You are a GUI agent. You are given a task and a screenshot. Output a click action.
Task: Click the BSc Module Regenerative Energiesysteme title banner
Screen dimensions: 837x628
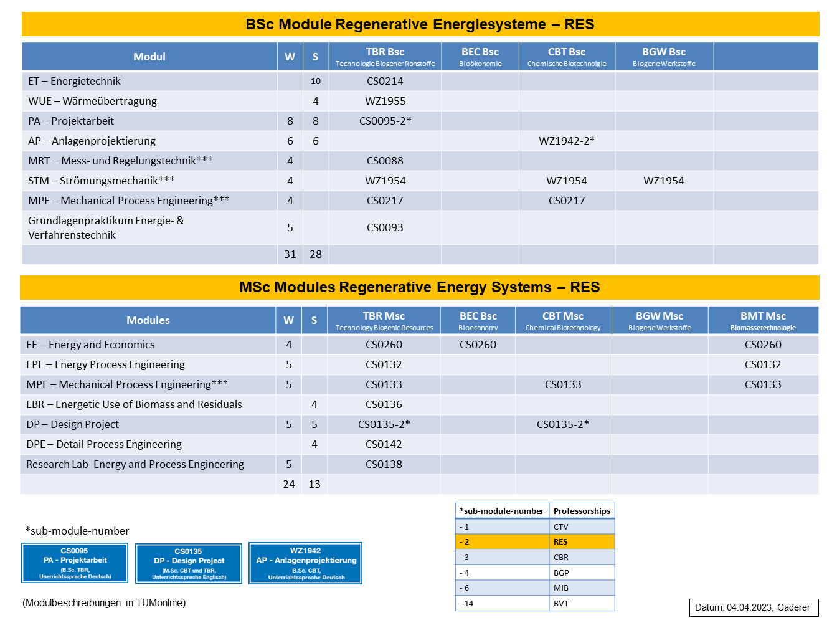tap(420, 24)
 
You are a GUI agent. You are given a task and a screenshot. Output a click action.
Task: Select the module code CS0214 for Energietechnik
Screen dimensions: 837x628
tap(385, 81)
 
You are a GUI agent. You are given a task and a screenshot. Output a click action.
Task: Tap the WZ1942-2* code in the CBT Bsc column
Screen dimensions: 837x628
tap(566, 141)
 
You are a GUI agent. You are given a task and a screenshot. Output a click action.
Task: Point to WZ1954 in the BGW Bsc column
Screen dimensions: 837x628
tap(663, 181)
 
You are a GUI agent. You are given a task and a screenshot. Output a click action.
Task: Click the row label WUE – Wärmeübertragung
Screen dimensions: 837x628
tap(92, 101)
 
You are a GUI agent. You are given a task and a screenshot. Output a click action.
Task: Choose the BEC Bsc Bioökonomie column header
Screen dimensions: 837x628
tap(480, 57)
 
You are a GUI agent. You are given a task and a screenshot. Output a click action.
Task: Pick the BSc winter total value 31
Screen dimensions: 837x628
tap(290, 254)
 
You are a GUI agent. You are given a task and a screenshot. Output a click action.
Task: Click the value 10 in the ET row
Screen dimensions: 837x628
tap(315, 81)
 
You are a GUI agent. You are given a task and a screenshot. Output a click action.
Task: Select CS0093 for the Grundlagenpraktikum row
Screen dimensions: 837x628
tap(385, 227)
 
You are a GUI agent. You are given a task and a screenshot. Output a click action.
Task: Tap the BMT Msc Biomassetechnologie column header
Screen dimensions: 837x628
tap(763, 321)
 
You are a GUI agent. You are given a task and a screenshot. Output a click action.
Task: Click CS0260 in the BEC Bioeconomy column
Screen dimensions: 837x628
tap(478, 345)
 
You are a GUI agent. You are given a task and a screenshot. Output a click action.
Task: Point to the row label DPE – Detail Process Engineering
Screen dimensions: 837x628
tap(104, 445)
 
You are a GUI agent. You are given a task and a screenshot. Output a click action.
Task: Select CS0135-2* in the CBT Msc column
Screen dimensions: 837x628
tap(563, 424)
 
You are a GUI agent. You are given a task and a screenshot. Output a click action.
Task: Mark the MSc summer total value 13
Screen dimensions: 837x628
tap(314, 484)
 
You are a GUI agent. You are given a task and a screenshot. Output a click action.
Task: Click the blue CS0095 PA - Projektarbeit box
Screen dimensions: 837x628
tap(75, 563)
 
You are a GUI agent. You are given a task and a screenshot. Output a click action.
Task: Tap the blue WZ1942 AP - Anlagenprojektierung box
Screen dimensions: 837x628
tap(305, 563)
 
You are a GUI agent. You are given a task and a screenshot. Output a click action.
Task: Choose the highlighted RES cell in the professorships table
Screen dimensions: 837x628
tap(582, 542)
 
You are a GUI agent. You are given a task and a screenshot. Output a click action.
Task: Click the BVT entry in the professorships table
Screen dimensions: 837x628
tap(561, 604)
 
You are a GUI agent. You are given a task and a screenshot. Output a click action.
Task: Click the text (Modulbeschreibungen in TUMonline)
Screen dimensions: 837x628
tap(104, 603)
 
